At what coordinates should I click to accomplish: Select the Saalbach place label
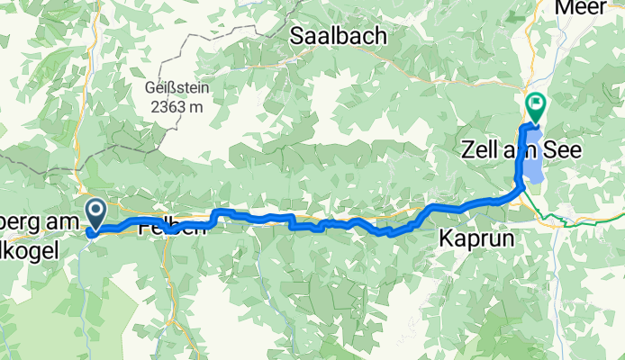pos(338,36)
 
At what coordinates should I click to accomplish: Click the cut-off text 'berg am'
pos(40,206)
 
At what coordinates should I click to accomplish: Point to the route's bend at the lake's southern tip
pos(521,186)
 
